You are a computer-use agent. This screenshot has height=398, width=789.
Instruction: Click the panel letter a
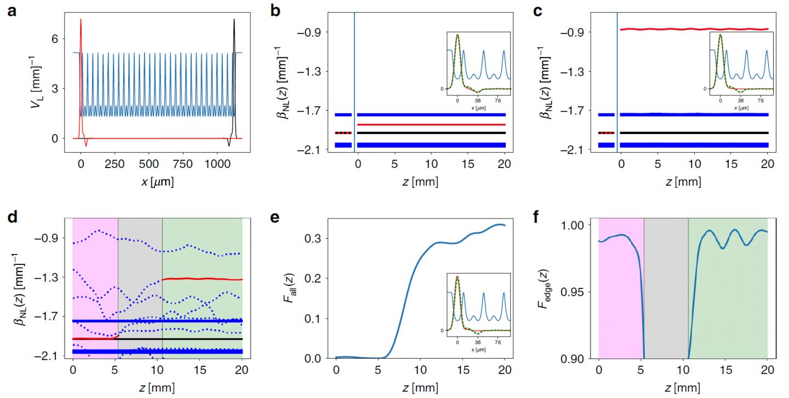tap(12, 10)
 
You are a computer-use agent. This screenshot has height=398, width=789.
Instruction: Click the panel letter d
tap(12, 217)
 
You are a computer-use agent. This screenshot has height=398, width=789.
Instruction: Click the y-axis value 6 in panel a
tap(64, 38)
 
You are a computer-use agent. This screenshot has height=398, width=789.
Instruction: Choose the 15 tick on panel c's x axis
tap(731, 164)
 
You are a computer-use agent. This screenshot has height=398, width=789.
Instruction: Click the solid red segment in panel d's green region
tap(203, 279)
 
